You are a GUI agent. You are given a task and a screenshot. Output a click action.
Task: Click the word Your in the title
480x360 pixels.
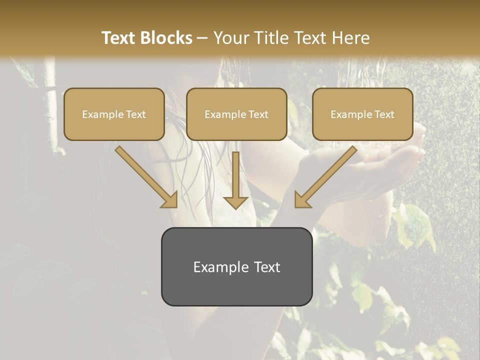[229, 38]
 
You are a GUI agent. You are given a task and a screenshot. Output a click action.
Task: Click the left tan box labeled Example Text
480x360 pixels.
[114, 114]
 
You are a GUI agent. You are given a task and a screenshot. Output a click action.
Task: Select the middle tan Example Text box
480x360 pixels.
[236, 114]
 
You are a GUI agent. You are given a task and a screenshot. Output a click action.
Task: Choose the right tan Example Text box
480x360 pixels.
[362, 114]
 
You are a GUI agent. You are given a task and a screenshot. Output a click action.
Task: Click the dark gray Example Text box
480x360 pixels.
[236, 266]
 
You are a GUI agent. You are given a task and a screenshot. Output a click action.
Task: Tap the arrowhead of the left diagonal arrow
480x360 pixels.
[169, 200]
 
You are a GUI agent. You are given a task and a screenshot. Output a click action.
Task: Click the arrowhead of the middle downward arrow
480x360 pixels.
[235, 202]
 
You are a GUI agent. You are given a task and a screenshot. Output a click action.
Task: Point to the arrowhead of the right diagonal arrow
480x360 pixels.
[302, 200]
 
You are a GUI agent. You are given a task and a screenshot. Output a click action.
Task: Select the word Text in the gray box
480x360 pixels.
[267, 267]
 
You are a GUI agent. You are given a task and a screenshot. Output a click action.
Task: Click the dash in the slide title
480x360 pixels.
[202, 38]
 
